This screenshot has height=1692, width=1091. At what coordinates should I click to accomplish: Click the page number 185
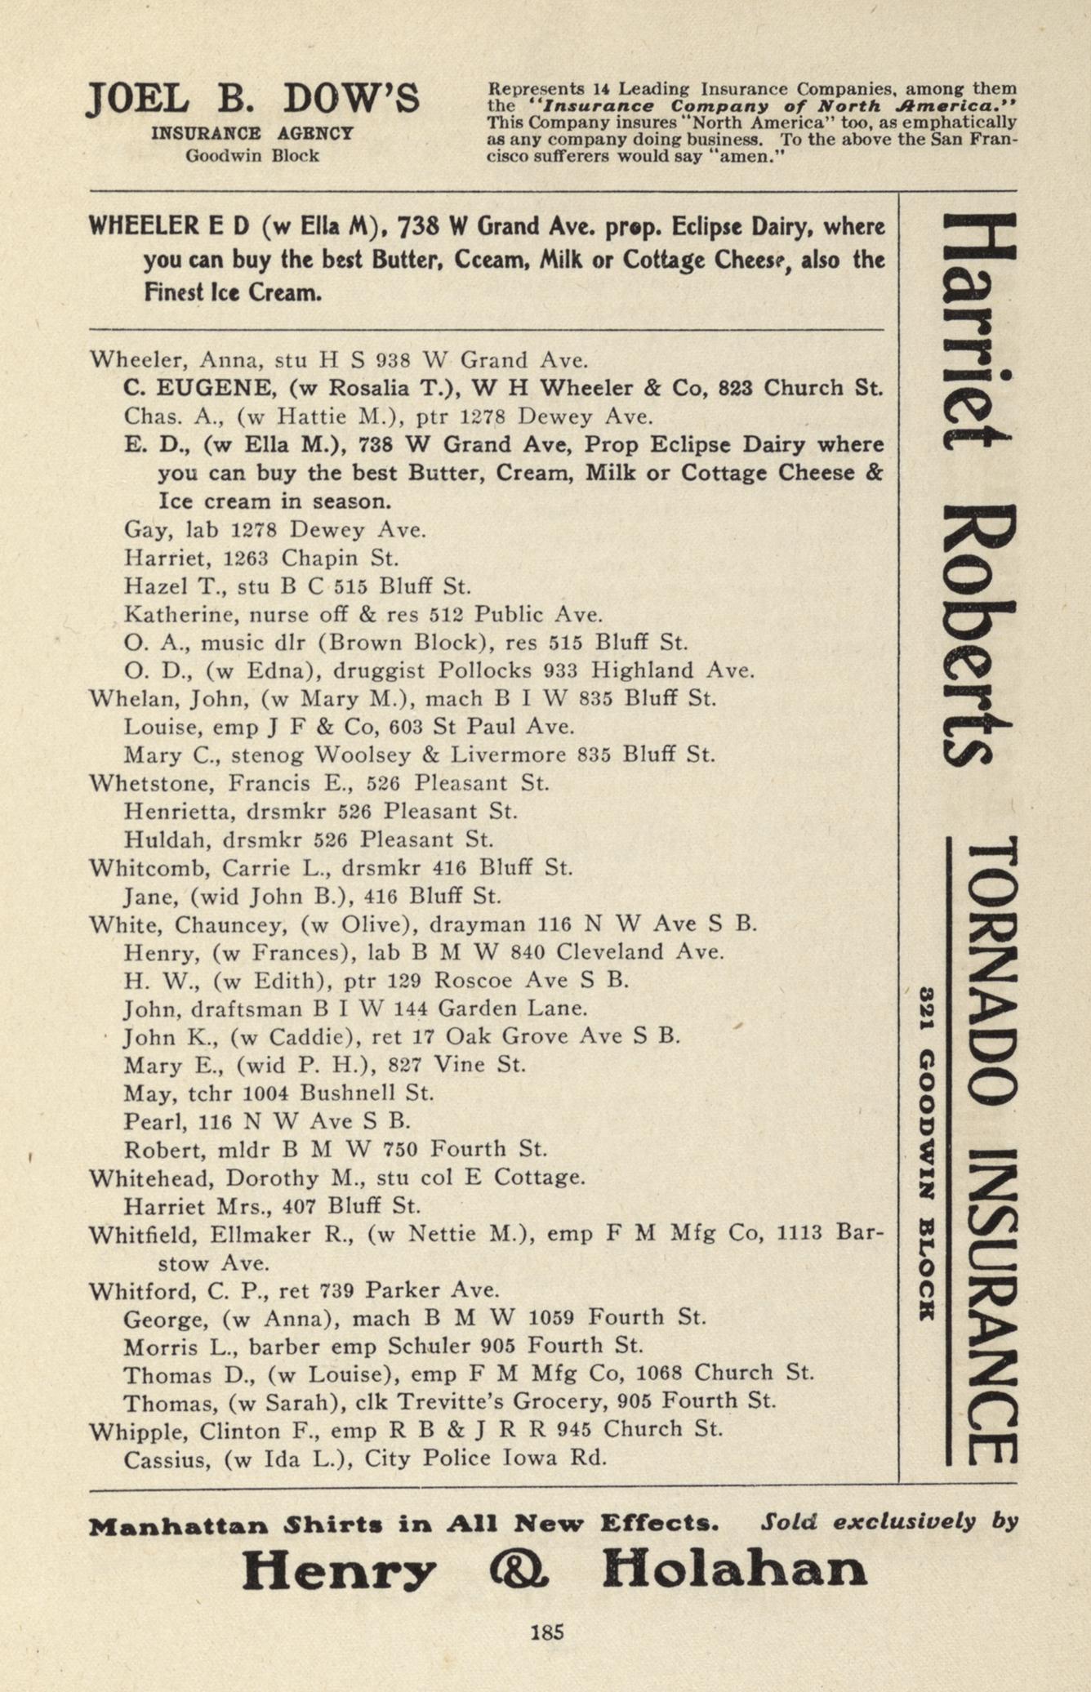546,1632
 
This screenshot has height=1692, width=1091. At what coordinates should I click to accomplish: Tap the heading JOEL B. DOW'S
252,100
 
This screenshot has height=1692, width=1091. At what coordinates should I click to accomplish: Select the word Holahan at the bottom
734,1569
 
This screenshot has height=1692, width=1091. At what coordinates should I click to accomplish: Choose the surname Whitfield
143,1234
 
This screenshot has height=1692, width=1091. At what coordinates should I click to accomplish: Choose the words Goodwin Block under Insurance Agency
252,155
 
